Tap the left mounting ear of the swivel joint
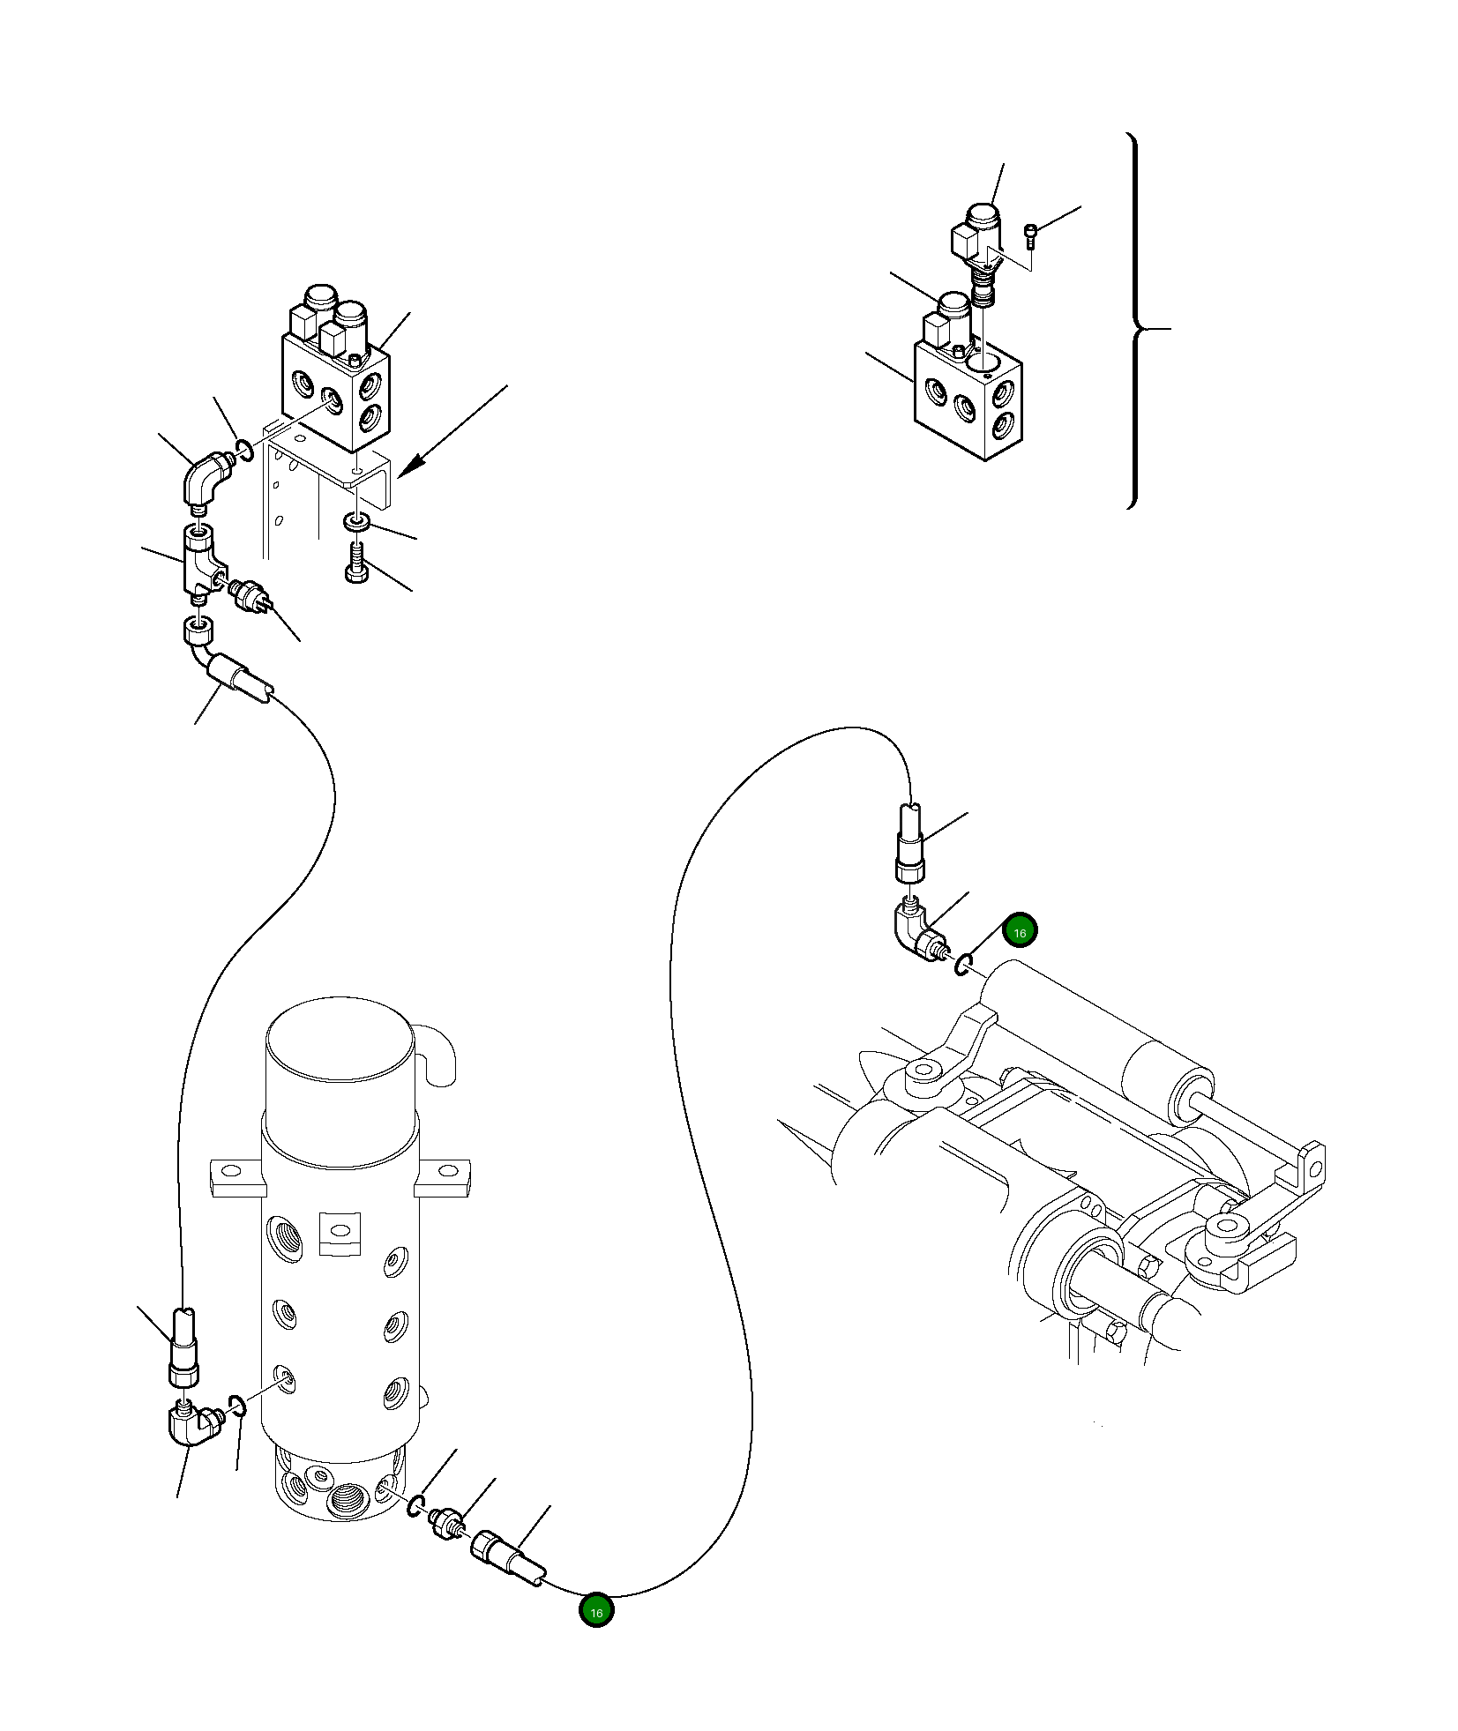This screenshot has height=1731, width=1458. click(236, 1176)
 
